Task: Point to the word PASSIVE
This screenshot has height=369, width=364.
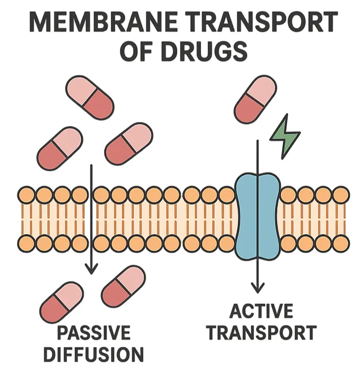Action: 93,333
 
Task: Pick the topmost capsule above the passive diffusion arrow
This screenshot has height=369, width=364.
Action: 89,97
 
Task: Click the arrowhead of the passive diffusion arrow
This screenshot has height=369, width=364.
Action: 92,269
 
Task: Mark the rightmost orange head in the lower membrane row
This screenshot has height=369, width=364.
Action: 341,243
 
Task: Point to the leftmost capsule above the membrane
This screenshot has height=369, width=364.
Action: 60,147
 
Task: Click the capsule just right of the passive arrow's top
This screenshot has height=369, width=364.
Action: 128,144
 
